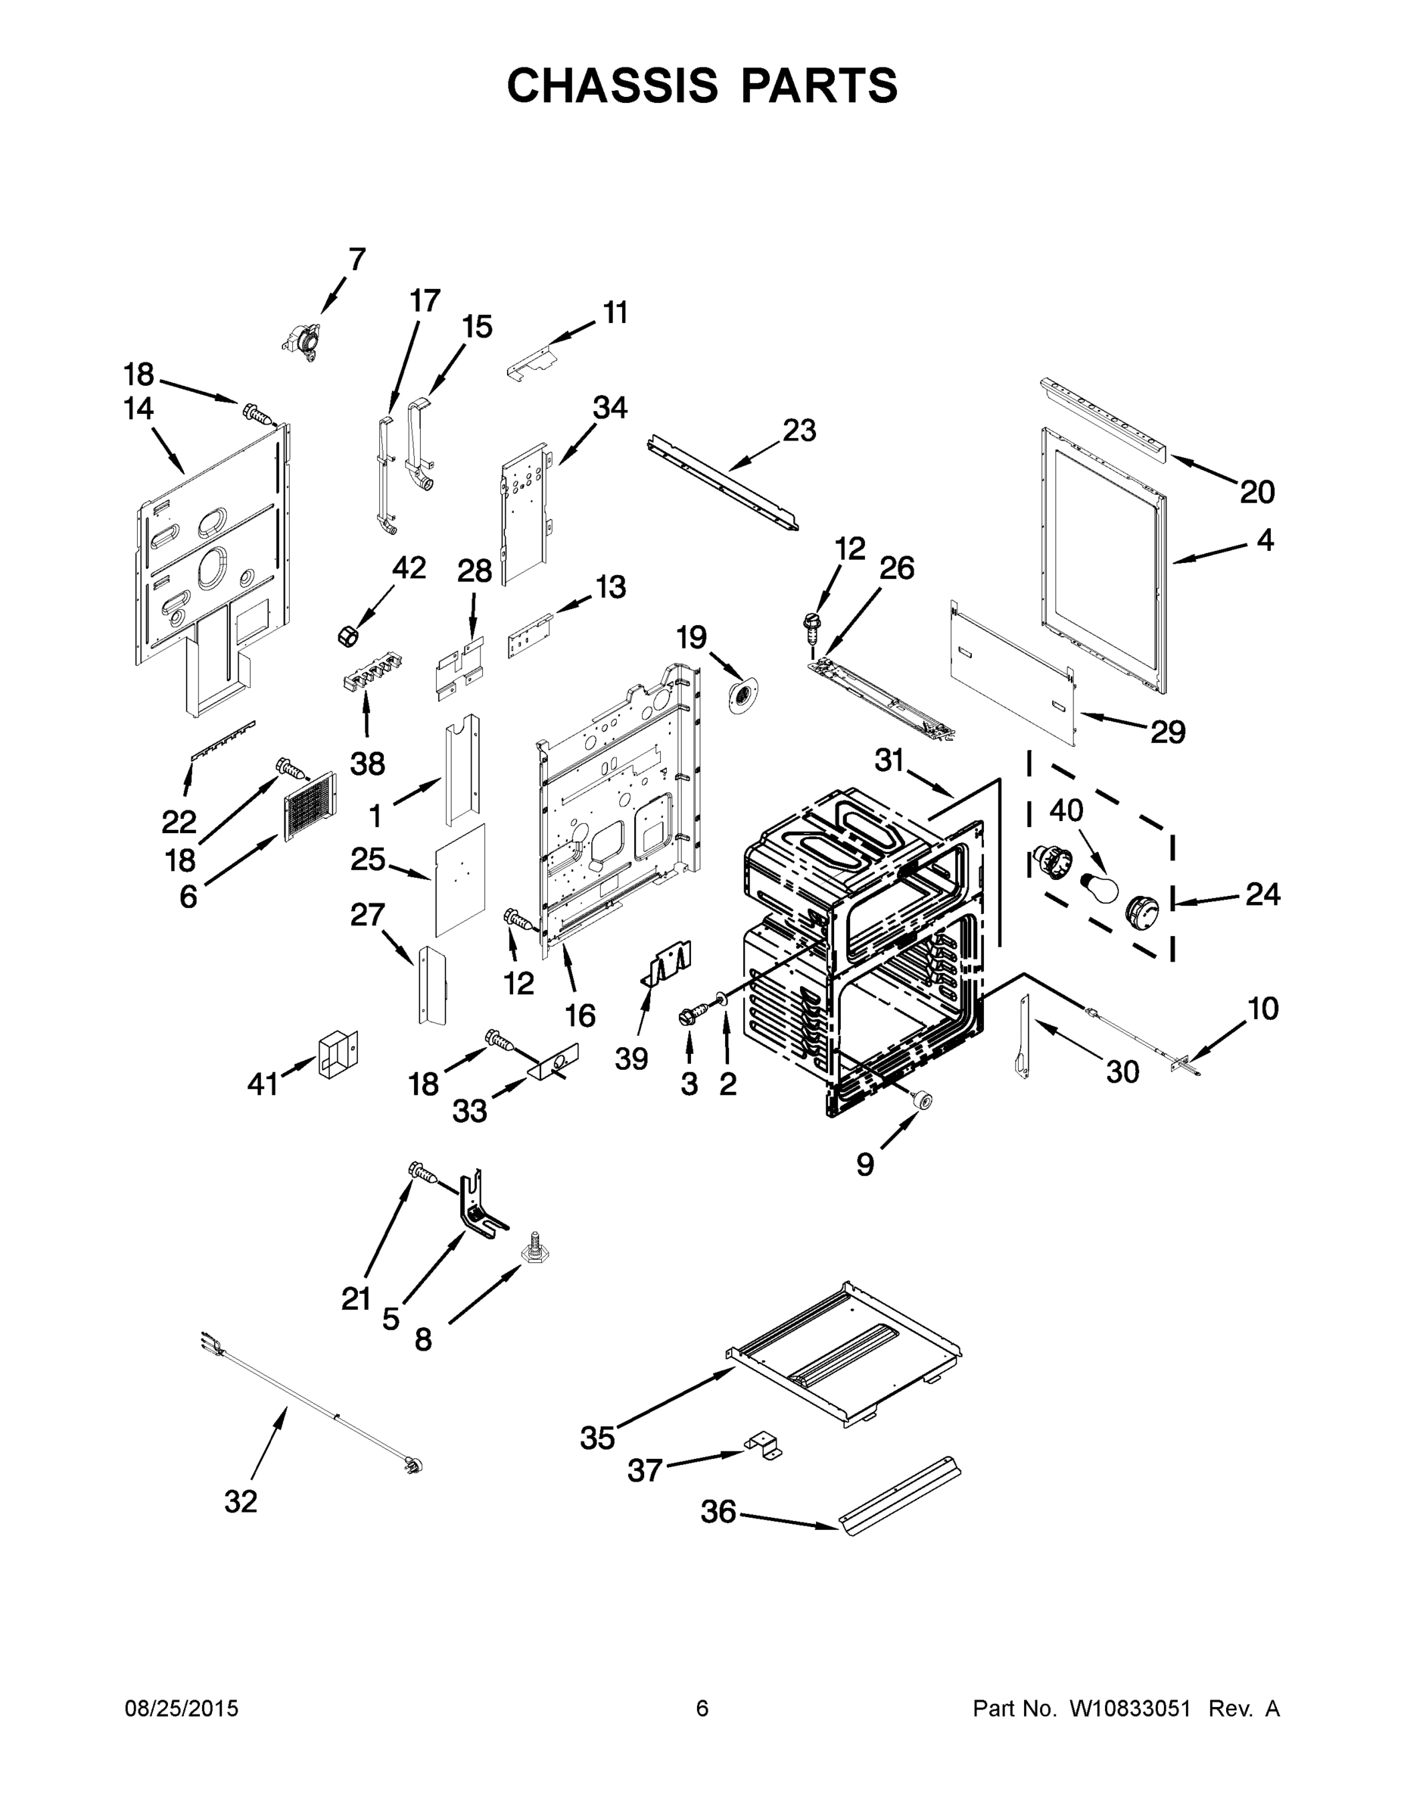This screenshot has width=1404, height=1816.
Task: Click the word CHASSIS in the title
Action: click(612, 86)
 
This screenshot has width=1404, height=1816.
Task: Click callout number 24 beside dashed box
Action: click(1262, 894)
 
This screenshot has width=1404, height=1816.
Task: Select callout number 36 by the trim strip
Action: click(718, 1512)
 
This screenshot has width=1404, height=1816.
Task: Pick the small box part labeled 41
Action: click(338, 1054)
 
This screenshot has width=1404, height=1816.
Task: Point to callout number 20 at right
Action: click(1256, 493)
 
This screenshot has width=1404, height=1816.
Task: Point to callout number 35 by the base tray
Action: click(597, 1438)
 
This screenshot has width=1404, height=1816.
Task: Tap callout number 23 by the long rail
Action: click(799, 431)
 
